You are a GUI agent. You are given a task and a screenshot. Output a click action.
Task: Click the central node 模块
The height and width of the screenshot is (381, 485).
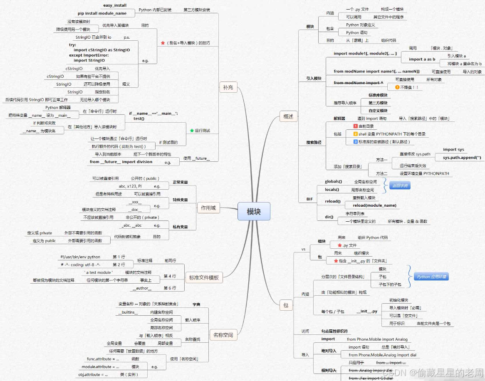[254, 211]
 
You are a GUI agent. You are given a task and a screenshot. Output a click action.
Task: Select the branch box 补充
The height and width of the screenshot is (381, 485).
[228, 87]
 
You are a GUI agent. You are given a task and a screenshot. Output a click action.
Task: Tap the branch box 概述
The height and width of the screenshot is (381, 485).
[288, 116]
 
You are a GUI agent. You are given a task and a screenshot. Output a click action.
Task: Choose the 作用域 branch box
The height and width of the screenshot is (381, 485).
[208, 208]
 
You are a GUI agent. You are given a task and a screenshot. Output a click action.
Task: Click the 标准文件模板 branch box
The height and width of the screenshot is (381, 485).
[204, 277]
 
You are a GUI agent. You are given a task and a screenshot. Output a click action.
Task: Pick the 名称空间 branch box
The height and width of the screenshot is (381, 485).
[223, 335]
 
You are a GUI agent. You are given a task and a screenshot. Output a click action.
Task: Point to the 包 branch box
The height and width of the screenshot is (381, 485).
[286, 305]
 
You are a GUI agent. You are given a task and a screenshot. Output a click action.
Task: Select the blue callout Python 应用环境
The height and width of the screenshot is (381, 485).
[433, 277]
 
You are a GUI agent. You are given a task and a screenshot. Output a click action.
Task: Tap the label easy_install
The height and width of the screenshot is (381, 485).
[114, 5]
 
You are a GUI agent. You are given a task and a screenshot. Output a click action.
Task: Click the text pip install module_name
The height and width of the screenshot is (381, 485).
[102, 13]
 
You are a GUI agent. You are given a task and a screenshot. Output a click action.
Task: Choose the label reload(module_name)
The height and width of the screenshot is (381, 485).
[374, 205]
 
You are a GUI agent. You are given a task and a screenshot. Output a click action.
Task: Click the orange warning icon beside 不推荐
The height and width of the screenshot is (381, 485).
[397, 87]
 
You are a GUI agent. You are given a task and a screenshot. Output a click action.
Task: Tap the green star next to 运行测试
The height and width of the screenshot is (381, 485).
[192, 131]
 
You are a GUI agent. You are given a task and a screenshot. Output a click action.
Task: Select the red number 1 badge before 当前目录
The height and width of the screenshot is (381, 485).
[355, 126]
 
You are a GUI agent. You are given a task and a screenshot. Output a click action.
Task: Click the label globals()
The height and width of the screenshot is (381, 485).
[333, 182]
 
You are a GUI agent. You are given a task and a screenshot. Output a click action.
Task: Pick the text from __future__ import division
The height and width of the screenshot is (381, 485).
[121, 162]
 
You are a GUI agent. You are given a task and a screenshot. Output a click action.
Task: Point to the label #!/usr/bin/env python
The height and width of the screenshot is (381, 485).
[80, 257]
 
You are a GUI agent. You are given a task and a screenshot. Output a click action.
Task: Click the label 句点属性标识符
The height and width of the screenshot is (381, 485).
[334, 331]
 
